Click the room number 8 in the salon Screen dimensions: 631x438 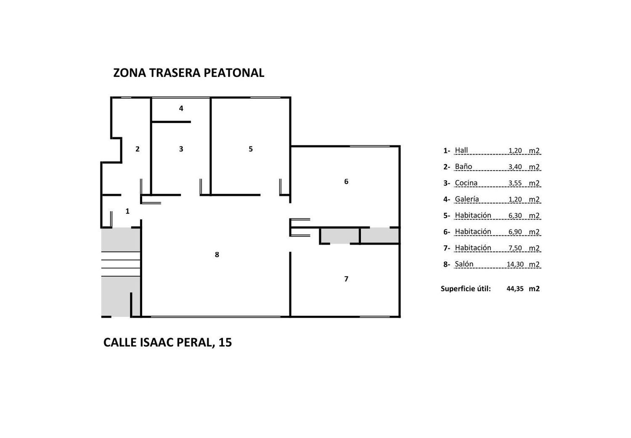click(217, 255)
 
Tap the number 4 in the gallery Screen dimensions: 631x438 click(181, 108)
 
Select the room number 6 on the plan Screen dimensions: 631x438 click(346, 181)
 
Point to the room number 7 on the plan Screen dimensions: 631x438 click(346, 279)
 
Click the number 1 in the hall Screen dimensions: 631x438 click(127, 211)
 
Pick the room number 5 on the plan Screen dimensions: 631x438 click(251, 149)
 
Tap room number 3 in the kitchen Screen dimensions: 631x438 click(181, 149)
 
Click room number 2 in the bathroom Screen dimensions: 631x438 click(138, 149)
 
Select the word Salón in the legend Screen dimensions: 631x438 click(464, 264)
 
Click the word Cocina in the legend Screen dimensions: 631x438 click(466, 183)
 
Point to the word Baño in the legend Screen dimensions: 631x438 click(464, 167)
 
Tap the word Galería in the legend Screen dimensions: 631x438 click(467, 199)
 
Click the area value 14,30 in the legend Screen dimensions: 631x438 click(515, 265)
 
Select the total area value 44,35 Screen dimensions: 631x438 click(515, 289)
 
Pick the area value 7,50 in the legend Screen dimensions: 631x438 click(515, 248)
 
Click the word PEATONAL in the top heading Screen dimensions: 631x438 click(234, 73)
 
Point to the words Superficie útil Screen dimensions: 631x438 click(466, 289)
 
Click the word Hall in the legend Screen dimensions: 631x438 click(461, 150)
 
